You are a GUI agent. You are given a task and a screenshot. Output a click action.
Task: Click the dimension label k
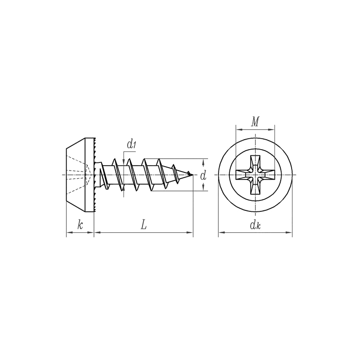coord(80,225)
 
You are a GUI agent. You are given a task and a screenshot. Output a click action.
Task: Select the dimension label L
coord(143,225)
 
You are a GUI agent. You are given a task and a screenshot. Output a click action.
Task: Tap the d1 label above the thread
coord(132,144)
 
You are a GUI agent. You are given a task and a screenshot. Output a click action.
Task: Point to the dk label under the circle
coord(256,225)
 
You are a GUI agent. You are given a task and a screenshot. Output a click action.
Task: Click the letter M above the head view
coord(255,122)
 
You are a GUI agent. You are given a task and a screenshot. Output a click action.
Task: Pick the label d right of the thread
coord(203,175)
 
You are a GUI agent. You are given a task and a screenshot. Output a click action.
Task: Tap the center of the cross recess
coord(255,175)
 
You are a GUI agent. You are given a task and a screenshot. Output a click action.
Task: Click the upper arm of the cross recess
coord(255,163)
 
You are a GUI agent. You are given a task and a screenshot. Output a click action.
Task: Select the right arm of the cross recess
coord(267,175)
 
